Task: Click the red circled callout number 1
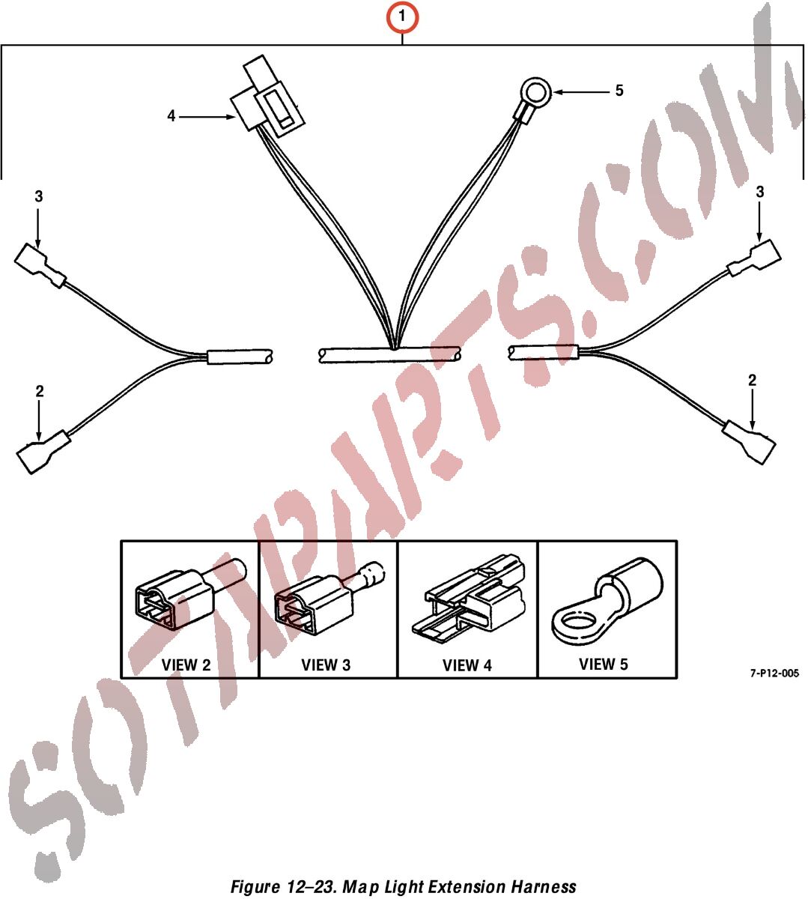point(402,17)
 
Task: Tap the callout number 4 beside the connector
point(171,116)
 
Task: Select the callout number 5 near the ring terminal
point(619,91)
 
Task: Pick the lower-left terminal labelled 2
point(43,451)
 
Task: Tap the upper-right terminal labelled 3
point(754,258)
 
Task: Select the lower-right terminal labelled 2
point(749,442)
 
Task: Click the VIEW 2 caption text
point(186,665)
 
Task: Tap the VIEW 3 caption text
point(326,665)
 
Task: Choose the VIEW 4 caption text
point(467,665)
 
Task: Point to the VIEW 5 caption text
point(604,664)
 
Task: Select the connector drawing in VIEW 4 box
point(468,599)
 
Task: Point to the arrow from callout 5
point(581,92)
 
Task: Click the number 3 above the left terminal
point(39,196)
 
